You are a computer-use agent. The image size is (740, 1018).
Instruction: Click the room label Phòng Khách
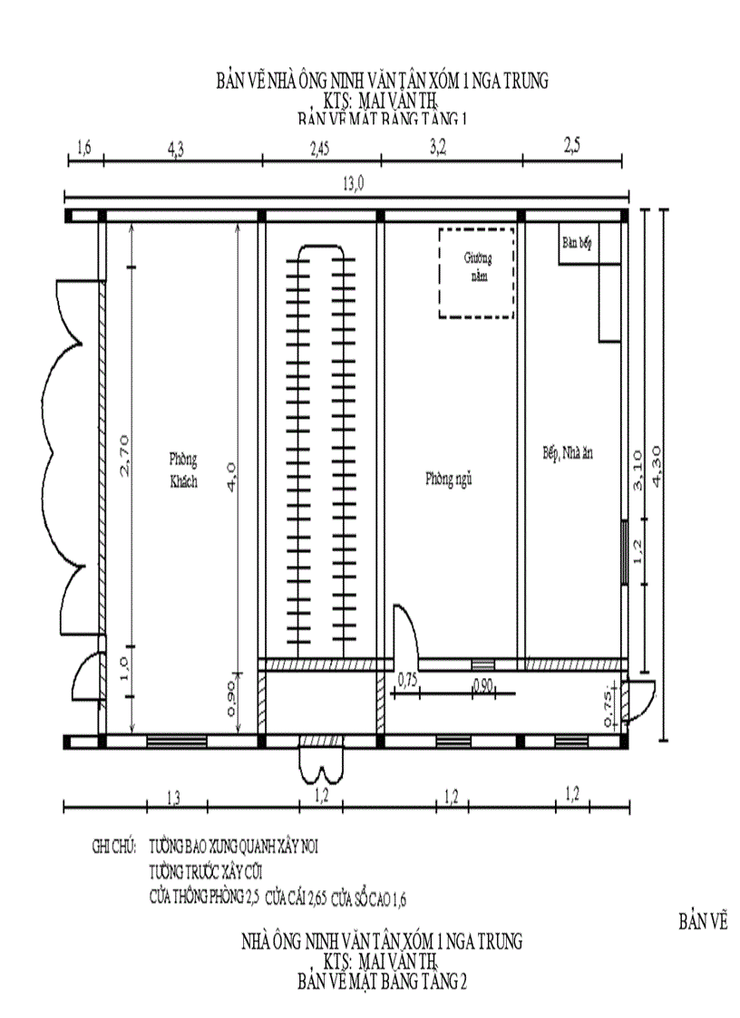(183, 470)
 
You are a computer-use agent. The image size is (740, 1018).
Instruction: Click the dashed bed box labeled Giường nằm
(476, 272)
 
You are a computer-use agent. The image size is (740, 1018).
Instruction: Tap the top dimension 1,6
(84, 147)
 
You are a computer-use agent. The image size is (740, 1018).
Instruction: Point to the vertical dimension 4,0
(231, 476)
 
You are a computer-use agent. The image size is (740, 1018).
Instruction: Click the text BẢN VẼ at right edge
(703, 922)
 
